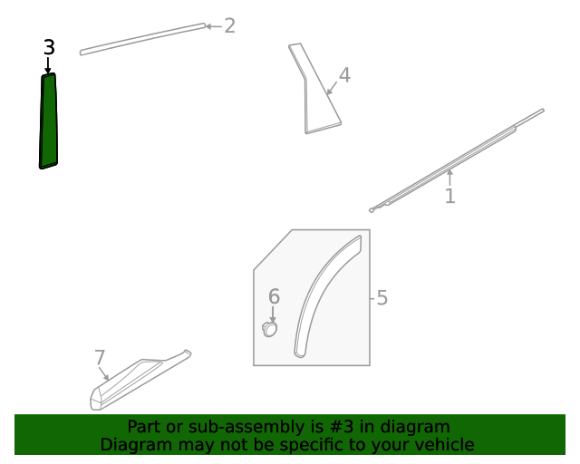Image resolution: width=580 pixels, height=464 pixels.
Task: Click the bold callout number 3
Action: [x=49, y=47]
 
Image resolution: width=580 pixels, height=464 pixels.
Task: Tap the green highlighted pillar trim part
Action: [x=48, y=121]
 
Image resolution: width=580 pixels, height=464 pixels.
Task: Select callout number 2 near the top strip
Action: [x=229, y=26]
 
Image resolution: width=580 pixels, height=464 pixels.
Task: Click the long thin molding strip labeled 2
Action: [x=143, y=39]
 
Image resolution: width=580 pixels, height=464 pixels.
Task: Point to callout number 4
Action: [x=344, y=75]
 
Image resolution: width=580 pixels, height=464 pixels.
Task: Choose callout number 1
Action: [x=449, y=196]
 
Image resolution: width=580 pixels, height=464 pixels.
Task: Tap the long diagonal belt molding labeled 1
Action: [x=457, y=160]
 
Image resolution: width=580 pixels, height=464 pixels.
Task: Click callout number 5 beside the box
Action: [x=382, y=298]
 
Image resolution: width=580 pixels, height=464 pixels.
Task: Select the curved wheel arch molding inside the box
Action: [x=320, y=293]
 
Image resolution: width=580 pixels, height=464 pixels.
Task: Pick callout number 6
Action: [x=274, y=296]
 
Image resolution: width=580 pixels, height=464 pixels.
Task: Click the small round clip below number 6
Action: [x=270, y=329]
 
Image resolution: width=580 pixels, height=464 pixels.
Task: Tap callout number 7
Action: [x=100, y=358]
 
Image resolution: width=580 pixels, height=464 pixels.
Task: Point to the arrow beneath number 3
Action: [x=48, y=65]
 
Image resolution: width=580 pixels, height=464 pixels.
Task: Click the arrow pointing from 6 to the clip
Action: [x=273, y=314]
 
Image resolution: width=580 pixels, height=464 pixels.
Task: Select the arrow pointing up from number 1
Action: [x=449, y=178]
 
